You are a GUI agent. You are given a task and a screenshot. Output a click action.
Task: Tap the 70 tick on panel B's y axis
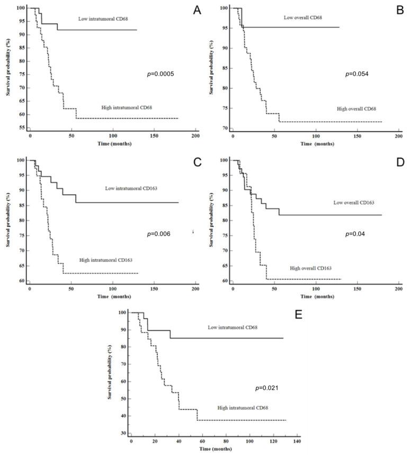pos(225,129)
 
